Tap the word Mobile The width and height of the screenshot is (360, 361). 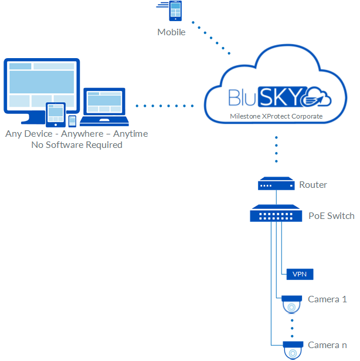tap(171, 32)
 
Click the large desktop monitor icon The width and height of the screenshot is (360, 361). tap(41, 86)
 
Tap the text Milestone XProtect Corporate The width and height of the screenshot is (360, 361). tap(276, 116)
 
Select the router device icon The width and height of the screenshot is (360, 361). tap(276, 185)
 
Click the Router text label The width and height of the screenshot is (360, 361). tap(313, 185)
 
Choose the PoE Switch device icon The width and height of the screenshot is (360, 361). tap(276, 213)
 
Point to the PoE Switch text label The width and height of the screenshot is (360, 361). tap(331, 216)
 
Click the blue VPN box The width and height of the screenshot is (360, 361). tap(299, 274)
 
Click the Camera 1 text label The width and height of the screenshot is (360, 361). tap(327, 299)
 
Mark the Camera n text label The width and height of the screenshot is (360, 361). tap(327, 345)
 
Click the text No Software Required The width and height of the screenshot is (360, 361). tap(77, 145)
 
